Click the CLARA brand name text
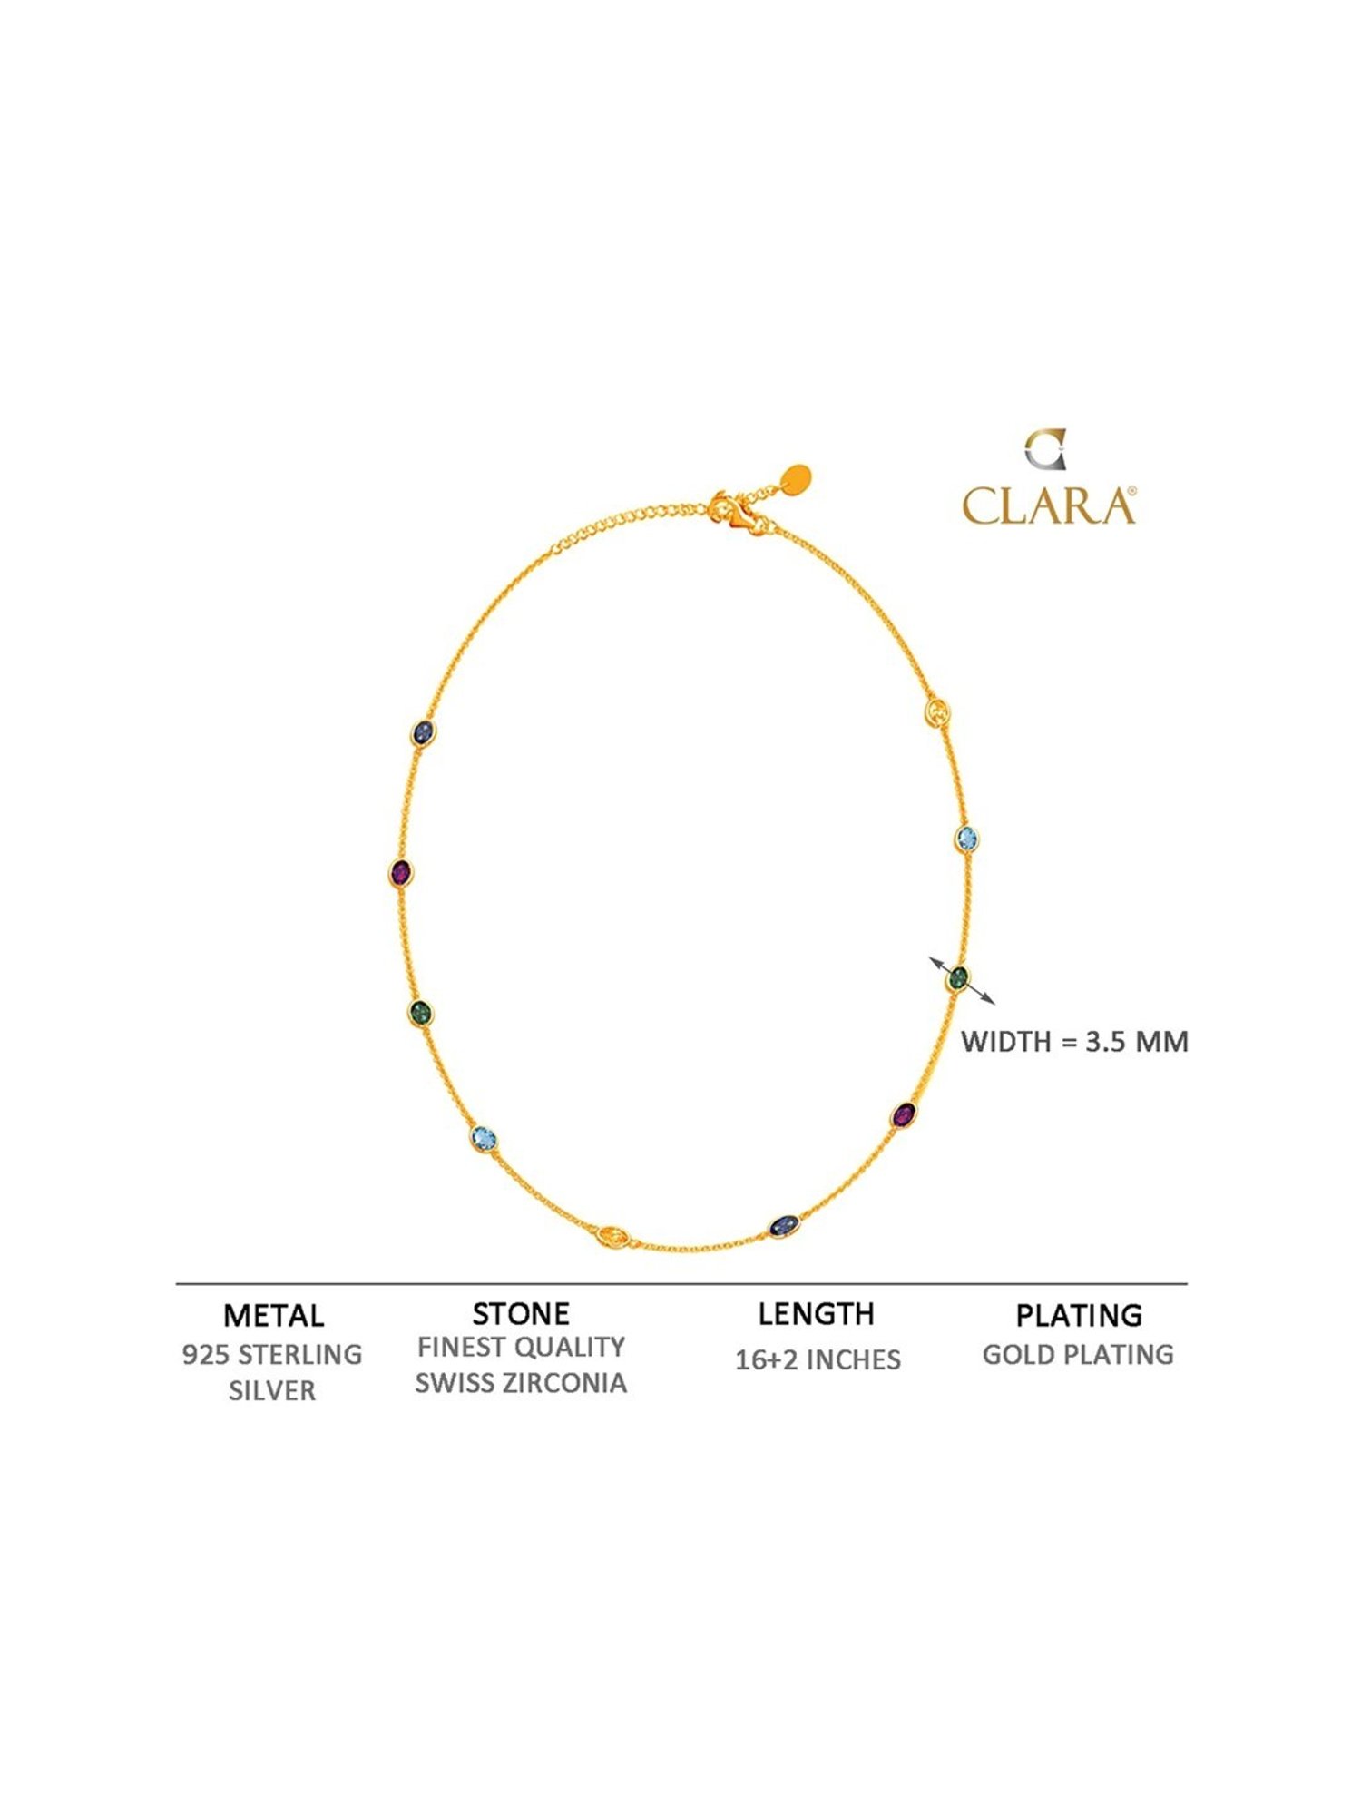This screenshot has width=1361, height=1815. click(1049, 505)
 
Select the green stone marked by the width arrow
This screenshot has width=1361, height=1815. click(958, 979)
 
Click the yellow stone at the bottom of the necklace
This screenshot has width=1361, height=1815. click(613, 1235)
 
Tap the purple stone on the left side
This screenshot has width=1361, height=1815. click(400, 873)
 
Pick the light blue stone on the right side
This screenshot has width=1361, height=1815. click(967, 838)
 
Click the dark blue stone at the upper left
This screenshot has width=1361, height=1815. click(422, 732)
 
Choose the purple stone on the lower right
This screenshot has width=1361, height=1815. click(903, 1114)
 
